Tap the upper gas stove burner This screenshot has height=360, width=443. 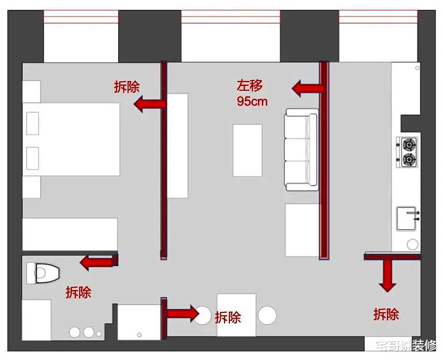[409, 145]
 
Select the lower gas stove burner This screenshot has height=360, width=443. [409, 159]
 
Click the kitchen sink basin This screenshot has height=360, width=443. [408, 218]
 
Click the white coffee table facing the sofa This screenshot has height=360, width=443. [247, 150]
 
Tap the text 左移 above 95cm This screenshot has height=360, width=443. [250, 86]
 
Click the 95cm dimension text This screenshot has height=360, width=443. [252, 101]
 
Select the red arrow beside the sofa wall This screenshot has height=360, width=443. [307, 89]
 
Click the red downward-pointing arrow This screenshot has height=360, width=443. [388, 276]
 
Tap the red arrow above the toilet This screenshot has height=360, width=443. [96, 262]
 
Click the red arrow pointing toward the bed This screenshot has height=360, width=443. [150, 104]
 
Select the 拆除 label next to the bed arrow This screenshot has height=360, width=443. [127, 87]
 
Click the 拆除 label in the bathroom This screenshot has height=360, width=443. [78, 292]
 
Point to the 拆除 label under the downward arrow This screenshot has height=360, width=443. [386, 314]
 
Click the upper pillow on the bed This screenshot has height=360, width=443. [32, 122]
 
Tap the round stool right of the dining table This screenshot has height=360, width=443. [267, 315]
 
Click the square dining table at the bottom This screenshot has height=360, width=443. [236, 315]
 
